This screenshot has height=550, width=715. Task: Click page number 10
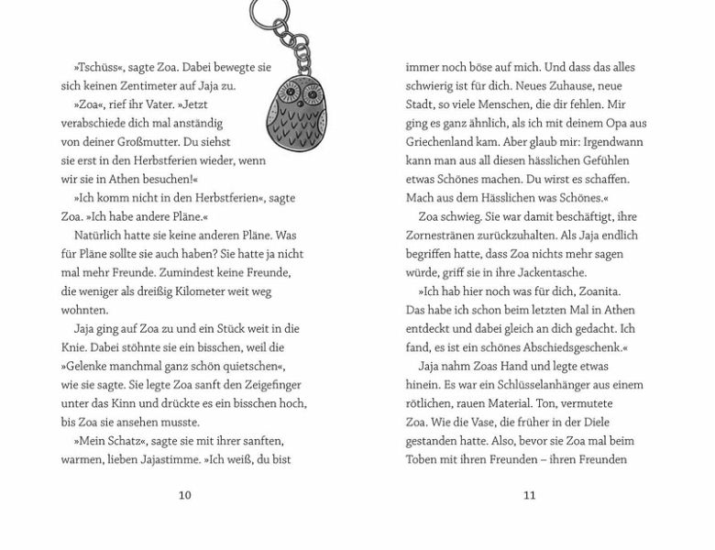pyautogui.click(x=184, y=495)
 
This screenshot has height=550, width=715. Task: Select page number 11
pyautogui.click(x=529, y=495)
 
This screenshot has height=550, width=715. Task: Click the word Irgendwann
pyautogui.click(x=611, y=141)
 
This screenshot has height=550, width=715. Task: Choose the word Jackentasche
pyautogui.click(x=544, y=272)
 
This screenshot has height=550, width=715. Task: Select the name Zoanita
pyautogui.click(x=600, y=291)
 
